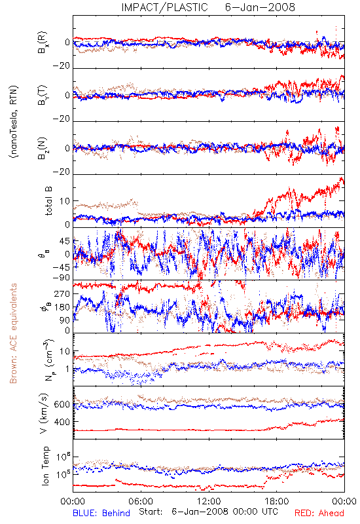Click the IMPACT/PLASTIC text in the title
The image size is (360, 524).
click(165, 7)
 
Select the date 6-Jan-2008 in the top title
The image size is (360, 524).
click(260, 7)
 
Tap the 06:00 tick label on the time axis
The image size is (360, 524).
click(141, 501)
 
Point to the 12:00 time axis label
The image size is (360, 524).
click(209, 501)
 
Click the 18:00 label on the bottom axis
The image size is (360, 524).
click(277, 501)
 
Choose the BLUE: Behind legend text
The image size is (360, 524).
click(101, 513)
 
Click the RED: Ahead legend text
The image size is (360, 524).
click(319, 513)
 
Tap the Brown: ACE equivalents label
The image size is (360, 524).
click(13, 333)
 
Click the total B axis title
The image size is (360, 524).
click(48, 201)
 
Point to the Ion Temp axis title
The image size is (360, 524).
click(45, 466)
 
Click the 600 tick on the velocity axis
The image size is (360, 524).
click(62, 404)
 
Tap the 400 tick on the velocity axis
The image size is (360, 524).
click(62, 422)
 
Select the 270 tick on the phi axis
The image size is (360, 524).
click(62, 293)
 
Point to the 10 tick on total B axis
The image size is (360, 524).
click(65, 201)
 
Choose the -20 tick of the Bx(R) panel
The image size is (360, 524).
click(62, 66)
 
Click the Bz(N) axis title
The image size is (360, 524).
click(43, 148)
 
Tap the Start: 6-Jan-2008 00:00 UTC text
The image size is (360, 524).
click(208, 512)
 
